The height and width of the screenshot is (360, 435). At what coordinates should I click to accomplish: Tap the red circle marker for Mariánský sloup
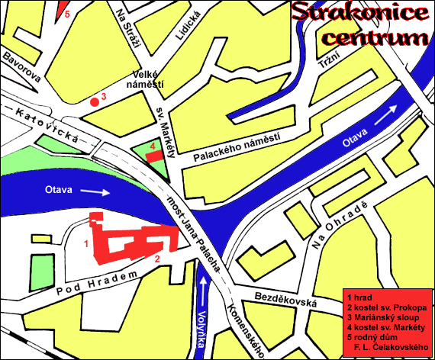94,100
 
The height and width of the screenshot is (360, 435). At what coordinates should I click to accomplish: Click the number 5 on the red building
66,13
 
